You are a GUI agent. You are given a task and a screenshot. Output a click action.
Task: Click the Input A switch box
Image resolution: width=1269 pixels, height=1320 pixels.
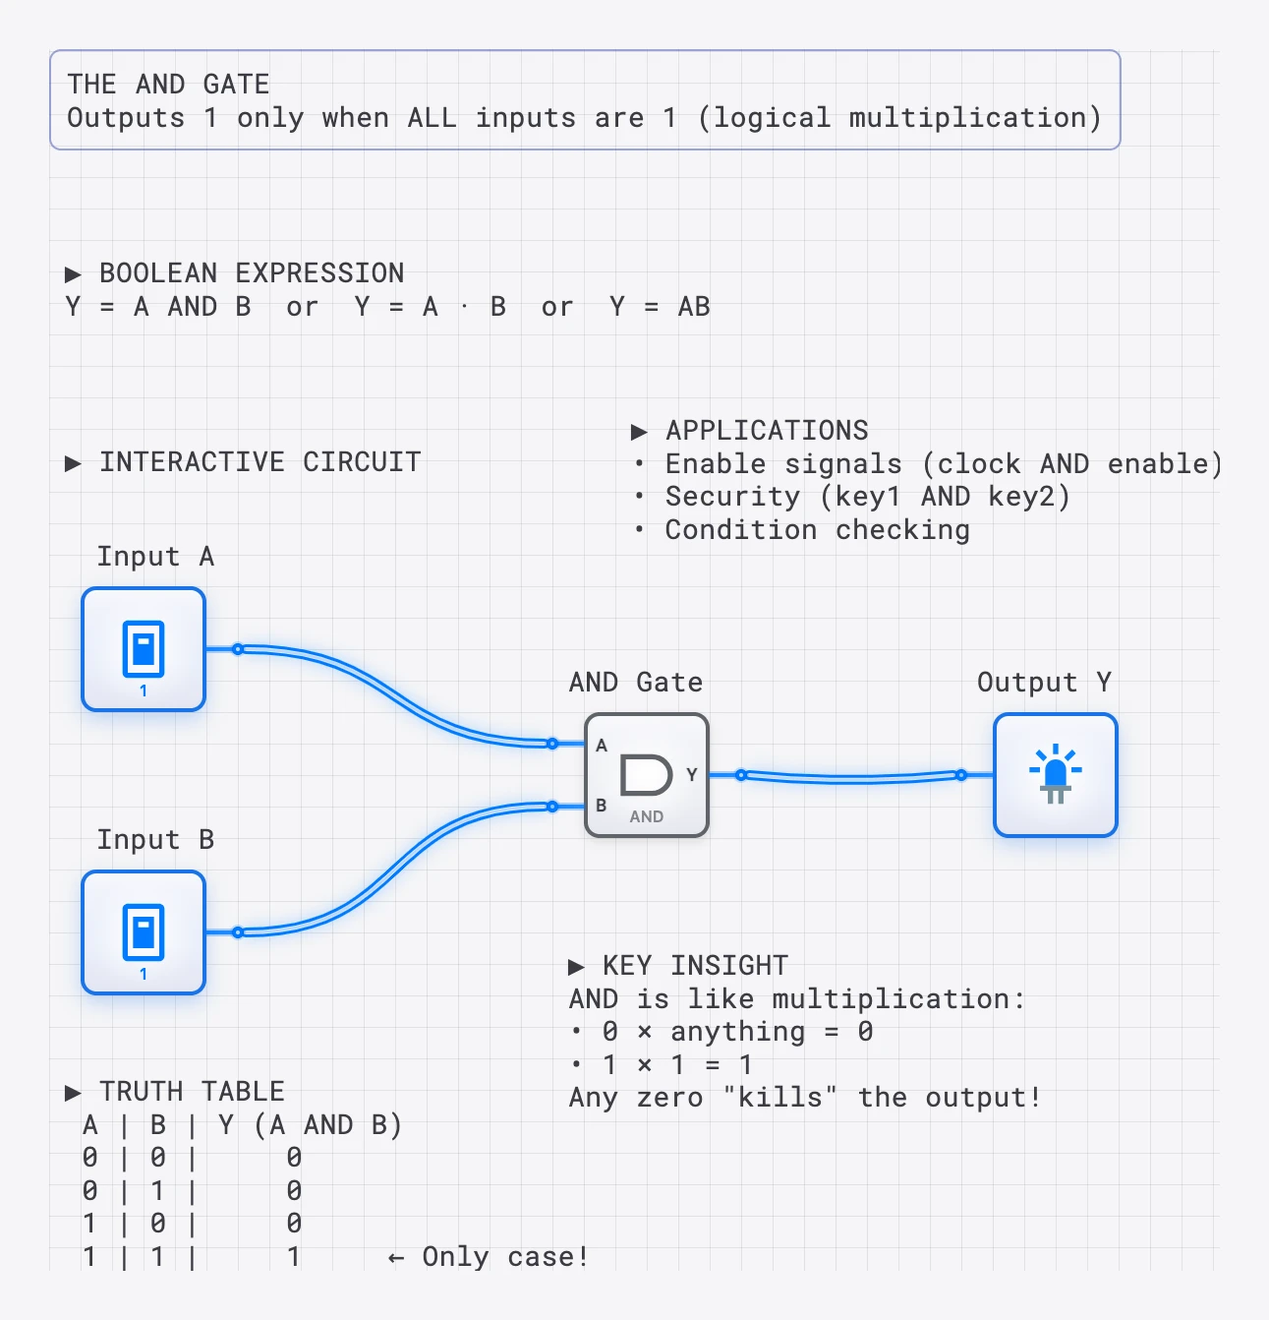click(144, 649)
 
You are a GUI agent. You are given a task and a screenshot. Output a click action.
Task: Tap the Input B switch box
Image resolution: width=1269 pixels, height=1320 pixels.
click(144, 932)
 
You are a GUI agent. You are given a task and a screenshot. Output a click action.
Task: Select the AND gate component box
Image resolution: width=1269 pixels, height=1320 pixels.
click(647, 775)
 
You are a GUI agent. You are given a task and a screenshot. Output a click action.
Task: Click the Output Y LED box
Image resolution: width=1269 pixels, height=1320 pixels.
click(1055, 775)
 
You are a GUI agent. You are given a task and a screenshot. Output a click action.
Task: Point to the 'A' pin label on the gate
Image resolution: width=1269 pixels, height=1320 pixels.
click(602, 746)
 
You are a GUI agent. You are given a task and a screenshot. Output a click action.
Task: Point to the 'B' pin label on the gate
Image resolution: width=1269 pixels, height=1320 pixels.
click(602, 806)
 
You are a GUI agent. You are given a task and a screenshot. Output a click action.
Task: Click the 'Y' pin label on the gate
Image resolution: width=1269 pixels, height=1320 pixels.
click(692, 775)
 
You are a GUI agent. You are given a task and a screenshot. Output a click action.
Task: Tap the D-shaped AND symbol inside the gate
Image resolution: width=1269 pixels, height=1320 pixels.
click(646, 774)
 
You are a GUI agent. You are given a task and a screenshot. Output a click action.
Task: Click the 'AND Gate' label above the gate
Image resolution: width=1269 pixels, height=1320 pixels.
click(636, 683)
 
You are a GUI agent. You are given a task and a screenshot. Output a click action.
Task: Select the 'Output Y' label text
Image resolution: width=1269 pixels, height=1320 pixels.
click(1044, 683)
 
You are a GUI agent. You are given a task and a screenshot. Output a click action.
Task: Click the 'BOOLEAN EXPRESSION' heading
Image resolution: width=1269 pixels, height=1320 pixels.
click(252, 273)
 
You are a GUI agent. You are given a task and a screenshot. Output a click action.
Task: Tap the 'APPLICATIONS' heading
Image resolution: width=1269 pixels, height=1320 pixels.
click(767, 431)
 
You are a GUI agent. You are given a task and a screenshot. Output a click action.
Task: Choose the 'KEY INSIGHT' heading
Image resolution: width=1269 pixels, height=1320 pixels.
click(695, 966)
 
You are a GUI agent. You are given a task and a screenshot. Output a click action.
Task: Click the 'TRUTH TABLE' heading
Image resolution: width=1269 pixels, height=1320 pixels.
click(192, 1092)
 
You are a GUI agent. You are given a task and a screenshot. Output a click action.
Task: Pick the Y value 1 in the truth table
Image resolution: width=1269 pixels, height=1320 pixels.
click(293, 1257)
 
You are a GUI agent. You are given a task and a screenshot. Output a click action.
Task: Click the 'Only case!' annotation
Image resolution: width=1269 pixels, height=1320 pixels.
click(504, 1257)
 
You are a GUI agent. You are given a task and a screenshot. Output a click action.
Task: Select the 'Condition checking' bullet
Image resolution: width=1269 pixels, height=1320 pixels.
click(817, 530)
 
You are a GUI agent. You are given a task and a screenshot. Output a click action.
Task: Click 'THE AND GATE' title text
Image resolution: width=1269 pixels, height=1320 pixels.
click(168, 85)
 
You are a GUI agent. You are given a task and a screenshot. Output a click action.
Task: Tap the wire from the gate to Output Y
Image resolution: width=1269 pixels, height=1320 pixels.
click(851, 778)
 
